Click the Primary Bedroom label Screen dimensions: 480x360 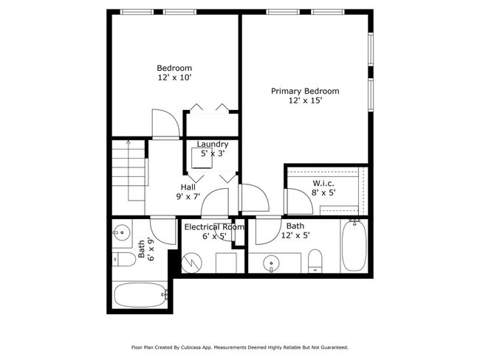(x=305, y=91)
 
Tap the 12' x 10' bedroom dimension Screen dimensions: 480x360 (x=174, y=77)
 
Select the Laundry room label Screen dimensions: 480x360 (x=213, y=145)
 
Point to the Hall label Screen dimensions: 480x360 (x=188, y=187)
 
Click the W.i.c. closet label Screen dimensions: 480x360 (x=323, y=183)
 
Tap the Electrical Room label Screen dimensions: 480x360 (x=214, y=227)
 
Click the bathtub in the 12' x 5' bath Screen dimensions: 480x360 (x=354, y=246)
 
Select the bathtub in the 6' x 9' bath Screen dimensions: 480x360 (x=140, y=295)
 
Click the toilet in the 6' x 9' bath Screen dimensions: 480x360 (x=123, y=260)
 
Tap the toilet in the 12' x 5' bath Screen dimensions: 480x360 (x=315, y=261)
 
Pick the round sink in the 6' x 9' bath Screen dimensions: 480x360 (x=122, y=232)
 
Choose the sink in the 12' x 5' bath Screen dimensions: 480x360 (x=271, y=263)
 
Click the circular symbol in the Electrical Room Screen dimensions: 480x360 (x=192, y=263)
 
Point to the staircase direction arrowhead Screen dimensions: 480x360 (x=128, y=142)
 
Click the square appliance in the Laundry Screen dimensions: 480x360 (x=202, y=158)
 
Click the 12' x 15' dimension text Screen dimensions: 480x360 (x=306, y=100)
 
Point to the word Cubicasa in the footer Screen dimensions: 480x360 (x=191, y=347)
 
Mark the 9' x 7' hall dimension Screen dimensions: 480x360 (x=188, y=196)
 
